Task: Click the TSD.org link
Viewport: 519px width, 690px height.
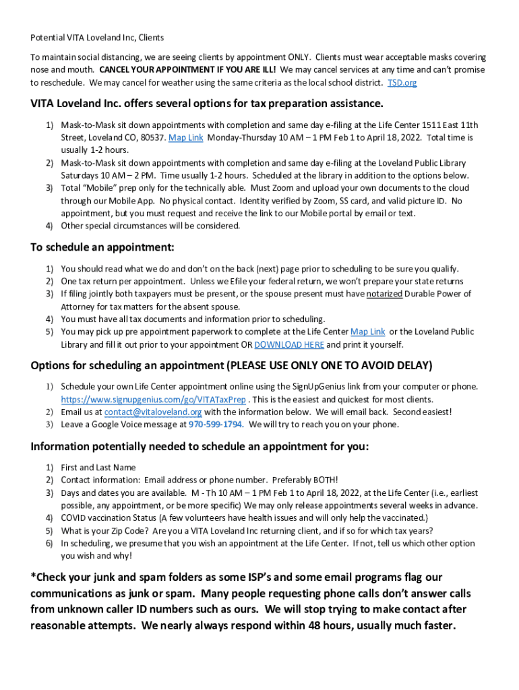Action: coord(402,82)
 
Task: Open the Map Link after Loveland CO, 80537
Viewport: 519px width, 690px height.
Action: coord(185,137)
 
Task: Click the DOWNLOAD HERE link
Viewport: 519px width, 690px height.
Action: coord(288,344)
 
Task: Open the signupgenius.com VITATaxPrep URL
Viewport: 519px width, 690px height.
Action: coord(153,399)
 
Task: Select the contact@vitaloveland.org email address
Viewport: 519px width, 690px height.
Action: coord(153,412)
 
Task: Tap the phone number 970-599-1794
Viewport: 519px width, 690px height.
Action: coord(215,425)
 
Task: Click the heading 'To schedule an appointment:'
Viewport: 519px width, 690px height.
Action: coord(102,247)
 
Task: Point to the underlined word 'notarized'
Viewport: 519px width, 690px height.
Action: coord(384,294)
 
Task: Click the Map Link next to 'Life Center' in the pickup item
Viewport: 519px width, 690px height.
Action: coord(367,332)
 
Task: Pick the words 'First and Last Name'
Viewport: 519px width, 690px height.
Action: coord(98,467)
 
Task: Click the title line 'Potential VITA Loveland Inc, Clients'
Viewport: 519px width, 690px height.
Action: coord(97,38)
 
